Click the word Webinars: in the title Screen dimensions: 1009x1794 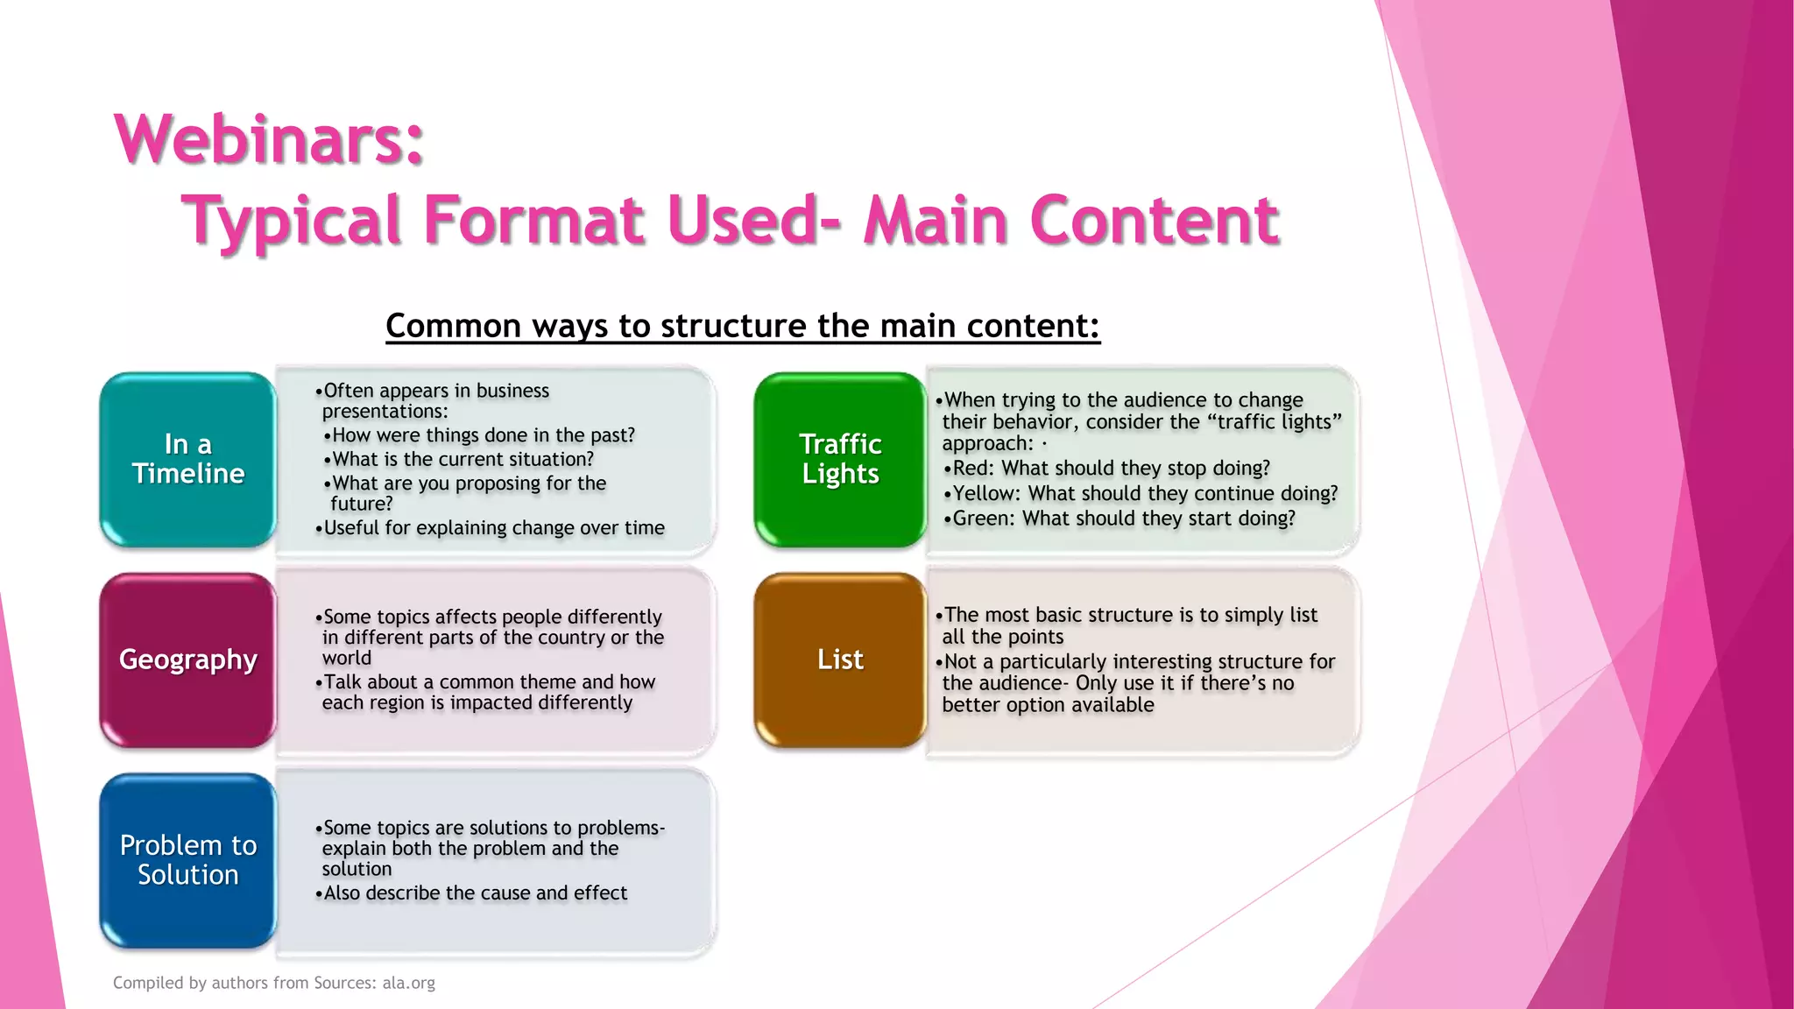pos(269,139)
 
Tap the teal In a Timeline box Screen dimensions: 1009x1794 pos(188,459)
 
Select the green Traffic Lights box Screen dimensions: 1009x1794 pos(840,459)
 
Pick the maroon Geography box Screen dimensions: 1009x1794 pos(188,660)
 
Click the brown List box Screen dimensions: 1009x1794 pos(840,660)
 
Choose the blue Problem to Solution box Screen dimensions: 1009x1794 pos(188,860)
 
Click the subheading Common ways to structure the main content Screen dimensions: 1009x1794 pos(742,326)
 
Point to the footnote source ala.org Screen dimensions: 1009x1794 pos(408,983)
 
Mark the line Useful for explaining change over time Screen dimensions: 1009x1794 pos(494,528)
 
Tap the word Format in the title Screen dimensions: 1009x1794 pos(534,220)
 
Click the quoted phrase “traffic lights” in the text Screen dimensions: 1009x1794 pos(1274,422)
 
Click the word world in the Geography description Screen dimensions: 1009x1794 pos(347,659)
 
